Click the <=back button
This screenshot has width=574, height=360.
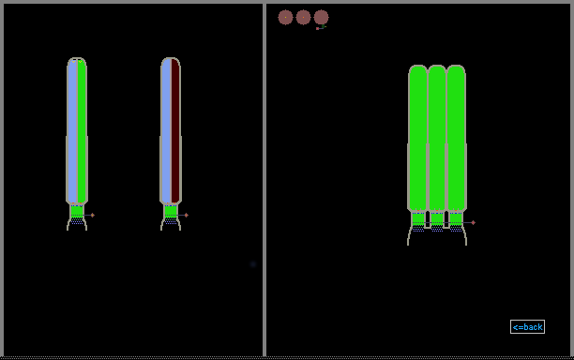(x=527, y=326)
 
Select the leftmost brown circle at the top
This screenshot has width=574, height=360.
(x=285, y=17)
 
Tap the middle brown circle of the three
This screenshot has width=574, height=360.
(x=303, y=17)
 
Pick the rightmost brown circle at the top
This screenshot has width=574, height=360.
(x=321, y=17)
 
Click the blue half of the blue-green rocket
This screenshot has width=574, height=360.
(x=72, y=130)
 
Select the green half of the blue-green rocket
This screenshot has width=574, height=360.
(x=82, y=130)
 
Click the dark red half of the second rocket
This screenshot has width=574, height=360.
(x=175, y=130)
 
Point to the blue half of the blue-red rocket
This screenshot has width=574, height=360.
(x=166, y=130)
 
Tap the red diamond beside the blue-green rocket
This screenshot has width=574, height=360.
(x=92, y=215)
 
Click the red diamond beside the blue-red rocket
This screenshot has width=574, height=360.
(x=187, y=215)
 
